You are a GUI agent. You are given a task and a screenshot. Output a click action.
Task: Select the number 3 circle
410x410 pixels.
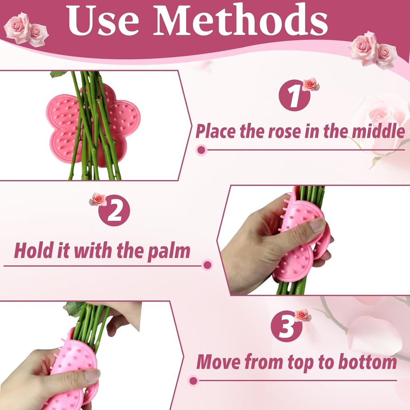coord(286,326)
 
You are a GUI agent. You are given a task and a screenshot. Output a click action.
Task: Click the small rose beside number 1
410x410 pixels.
coord(311,84)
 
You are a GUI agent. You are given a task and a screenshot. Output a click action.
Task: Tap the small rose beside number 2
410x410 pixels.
coord(98,199)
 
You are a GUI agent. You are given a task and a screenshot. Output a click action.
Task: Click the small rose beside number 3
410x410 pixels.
coord(303,315)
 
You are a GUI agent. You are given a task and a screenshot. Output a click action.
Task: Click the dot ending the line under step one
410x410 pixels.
coord(201,150)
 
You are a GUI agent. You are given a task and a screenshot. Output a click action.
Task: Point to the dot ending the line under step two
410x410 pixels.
coord(207,265)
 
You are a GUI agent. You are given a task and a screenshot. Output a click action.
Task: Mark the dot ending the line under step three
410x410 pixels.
coord(193,380)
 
